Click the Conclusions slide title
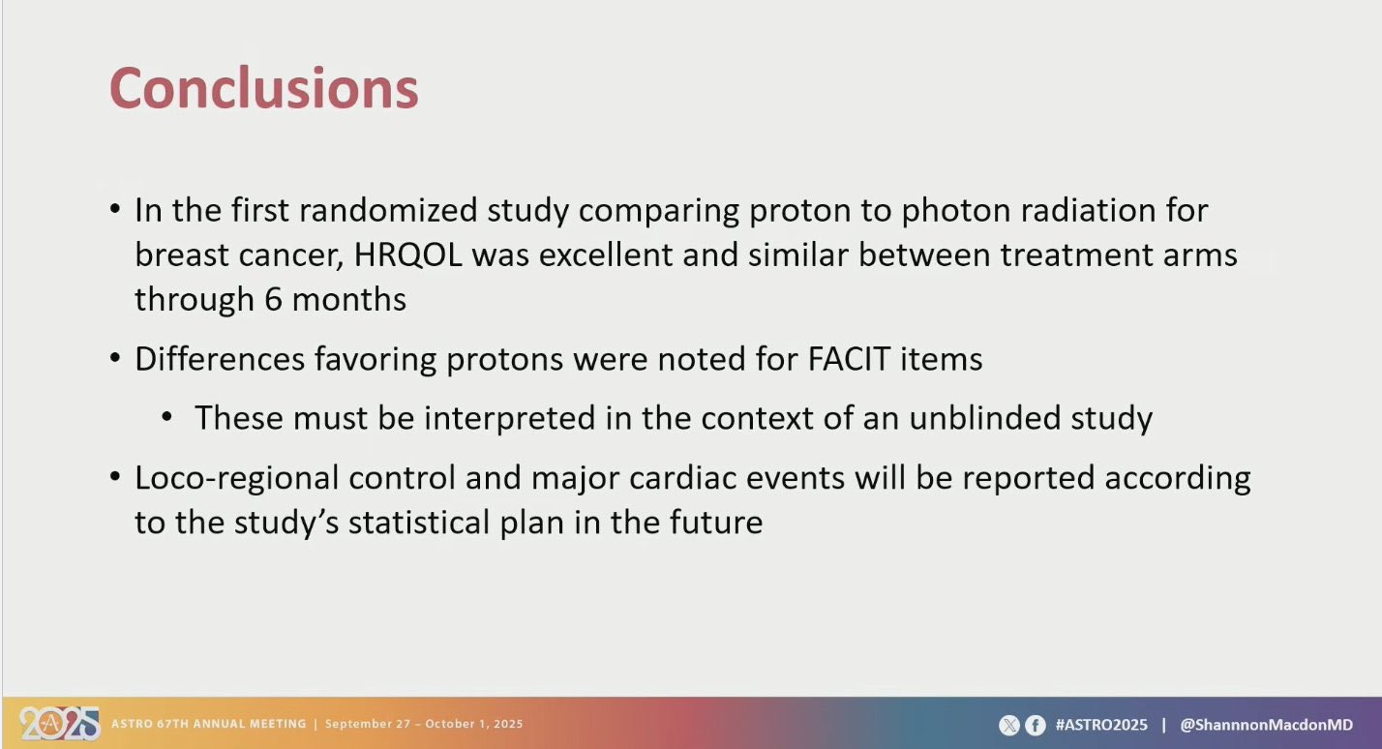(264, 88)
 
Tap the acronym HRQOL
(407, 255)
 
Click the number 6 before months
(273, 300)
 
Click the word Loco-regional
(237, 479)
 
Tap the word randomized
(388, 210)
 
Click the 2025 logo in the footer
(59, 724)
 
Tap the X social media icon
(1008, 725)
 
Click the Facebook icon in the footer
(1036, 725)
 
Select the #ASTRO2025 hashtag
(1101, 725)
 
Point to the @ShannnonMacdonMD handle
(1266, 725)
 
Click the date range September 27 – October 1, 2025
(424, 724)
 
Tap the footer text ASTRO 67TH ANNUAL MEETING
(208, 724)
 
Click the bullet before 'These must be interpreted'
(166, 418)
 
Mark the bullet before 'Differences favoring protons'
(115, 358)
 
